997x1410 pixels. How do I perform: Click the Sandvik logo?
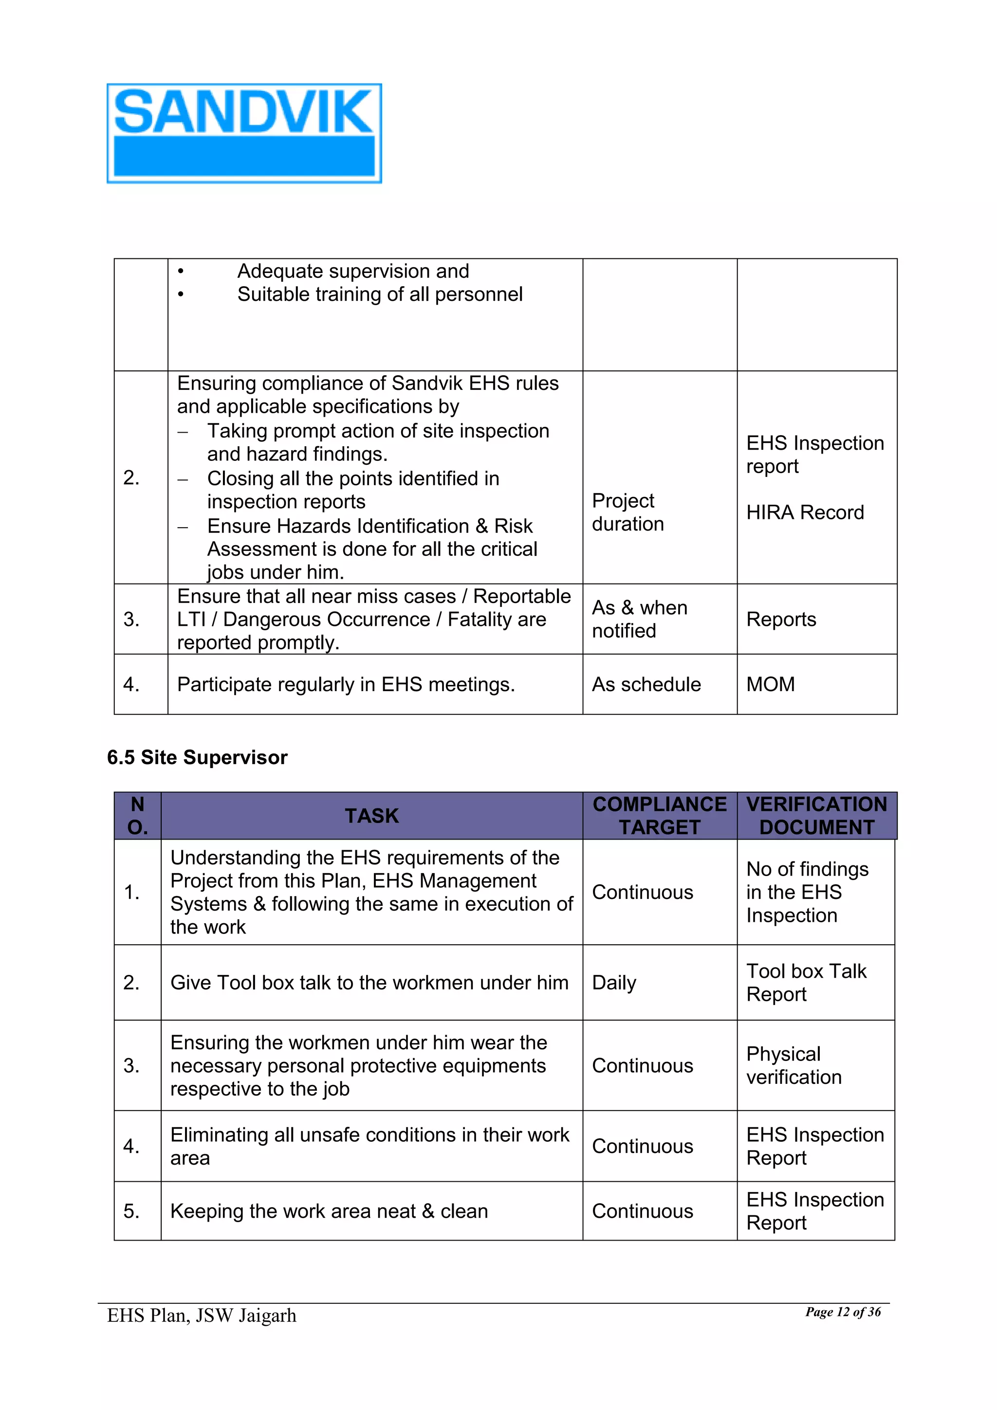point(244,133)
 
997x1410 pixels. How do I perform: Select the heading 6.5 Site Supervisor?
point(197,757)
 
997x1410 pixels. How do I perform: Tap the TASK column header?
point(371,816)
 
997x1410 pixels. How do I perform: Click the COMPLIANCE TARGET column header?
point(659,816)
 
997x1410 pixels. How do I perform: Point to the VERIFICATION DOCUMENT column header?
point(816,816)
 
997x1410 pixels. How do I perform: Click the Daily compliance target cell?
point(614,983)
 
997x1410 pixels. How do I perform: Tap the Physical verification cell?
point(793,1065)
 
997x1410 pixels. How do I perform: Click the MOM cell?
point(770,684)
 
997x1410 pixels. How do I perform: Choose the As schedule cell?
point(646,684)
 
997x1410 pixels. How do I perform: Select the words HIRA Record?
point(805,512)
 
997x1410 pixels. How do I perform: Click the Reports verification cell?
point(781,619)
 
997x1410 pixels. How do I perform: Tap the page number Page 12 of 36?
point(843,1312)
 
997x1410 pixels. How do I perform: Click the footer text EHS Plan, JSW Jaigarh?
point(202,1316)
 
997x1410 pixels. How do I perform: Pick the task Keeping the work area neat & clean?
point(329,1211)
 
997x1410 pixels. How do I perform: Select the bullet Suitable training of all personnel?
point(380,294)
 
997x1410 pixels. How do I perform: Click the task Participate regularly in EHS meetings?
point(346,684)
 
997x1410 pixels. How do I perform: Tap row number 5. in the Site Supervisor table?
point(131,1211)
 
